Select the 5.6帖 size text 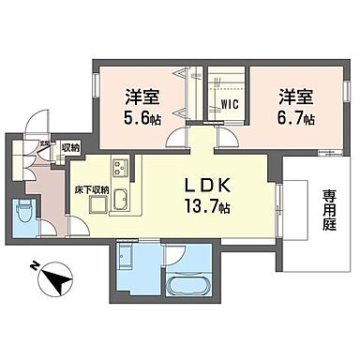(141, 120)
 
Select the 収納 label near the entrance (71, 147)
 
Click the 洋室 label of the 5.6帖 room (141, 94)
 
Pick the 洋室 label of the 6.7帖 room (294, 94)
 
